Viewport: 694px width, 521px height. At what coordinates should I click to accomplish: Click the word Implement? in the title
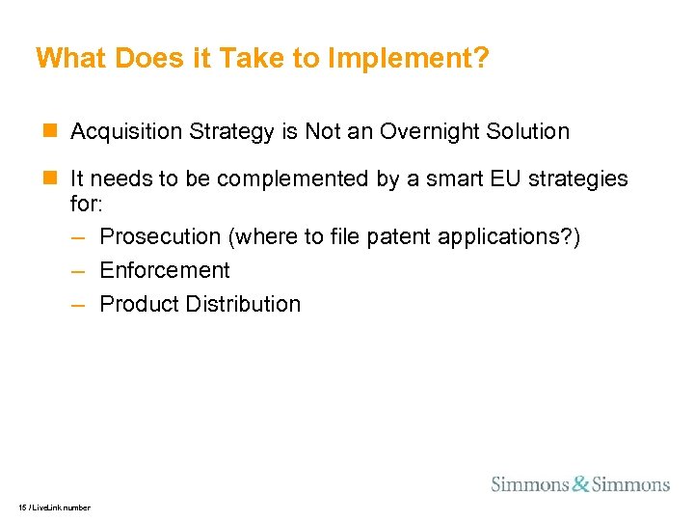click(408, 60)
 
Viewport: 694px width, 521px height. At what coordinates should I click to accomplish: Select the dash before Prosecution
click(80, 237)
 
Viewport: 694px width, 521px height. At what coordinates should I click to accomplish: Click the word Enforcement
click(165, 270)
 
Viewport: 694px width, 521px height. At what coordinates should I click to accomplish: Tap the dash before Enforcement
click(80, 271)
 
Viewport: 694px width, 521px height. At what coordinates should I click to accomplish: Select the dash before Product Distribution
click(80, 305)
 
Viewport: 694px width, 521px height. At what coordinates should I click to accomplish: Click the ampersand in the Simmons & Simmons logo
click(580, 483)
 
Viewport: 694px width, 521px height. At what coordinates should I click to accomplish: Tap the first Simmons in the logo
click(530, 483)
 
